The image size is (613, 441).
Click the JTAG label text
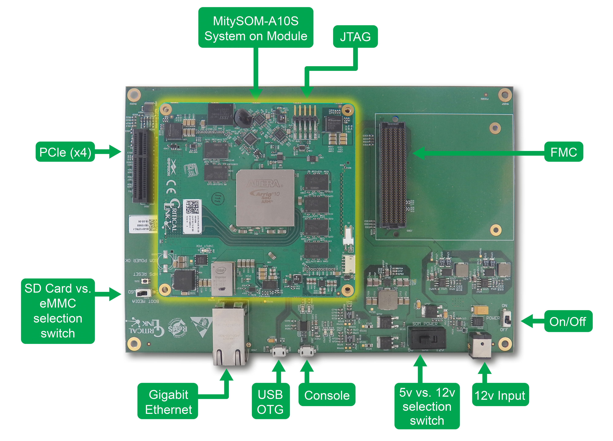355,37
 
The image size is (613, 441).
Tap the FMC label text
564,153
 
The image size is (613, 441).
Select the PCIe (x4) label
65,153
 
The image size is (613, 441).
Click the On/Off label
567,322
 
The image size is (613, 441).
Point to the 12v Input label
499,396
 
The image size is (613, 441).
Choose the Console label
327,396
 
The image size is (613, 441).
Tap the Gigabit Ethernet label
168,402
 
